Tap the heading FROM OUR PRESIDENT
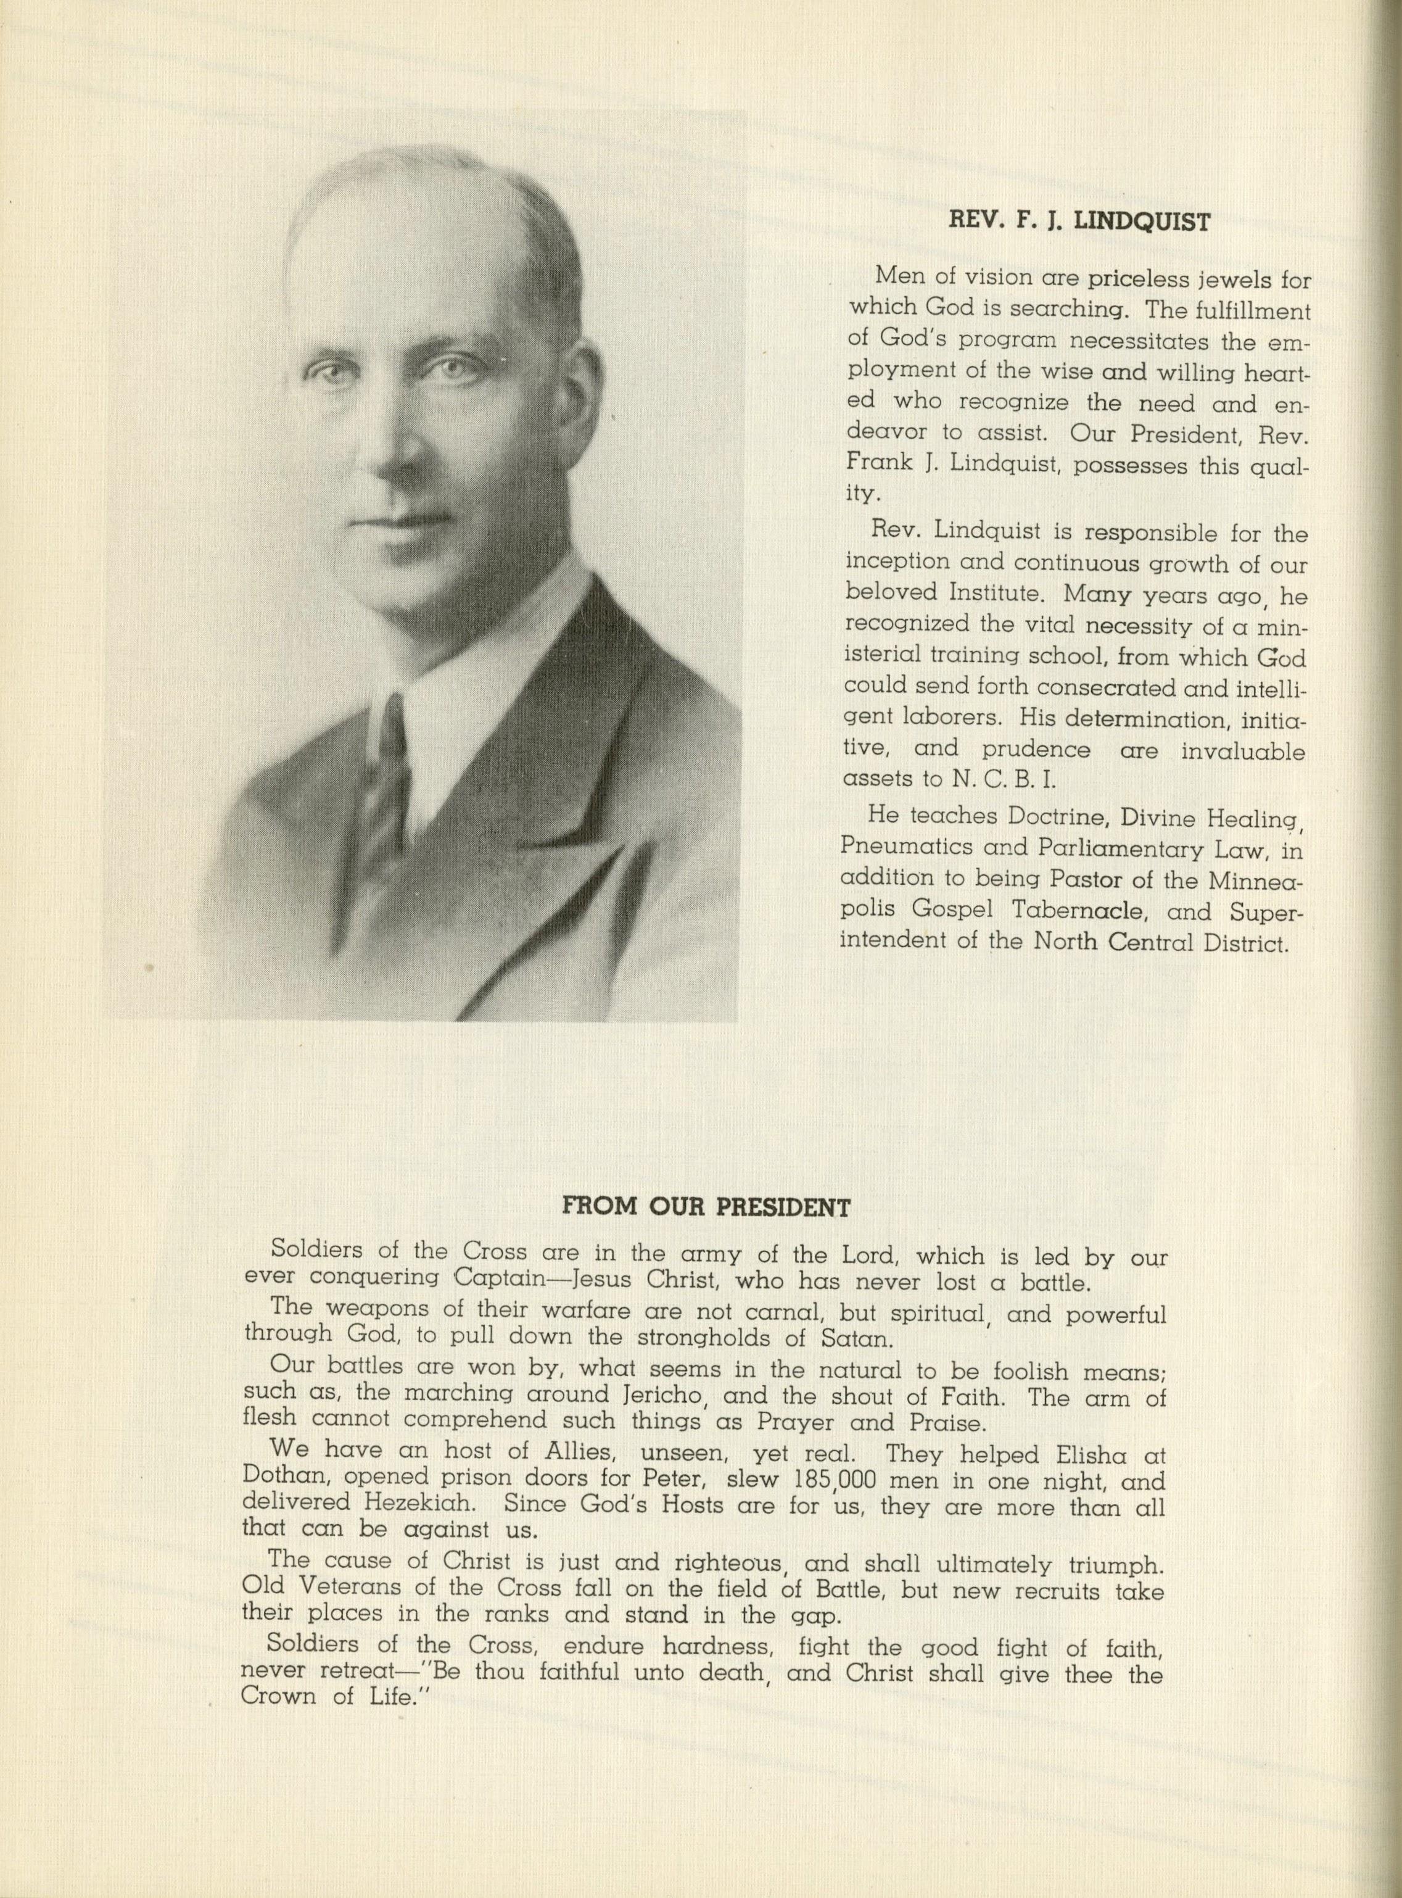tap(706, 1206)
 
